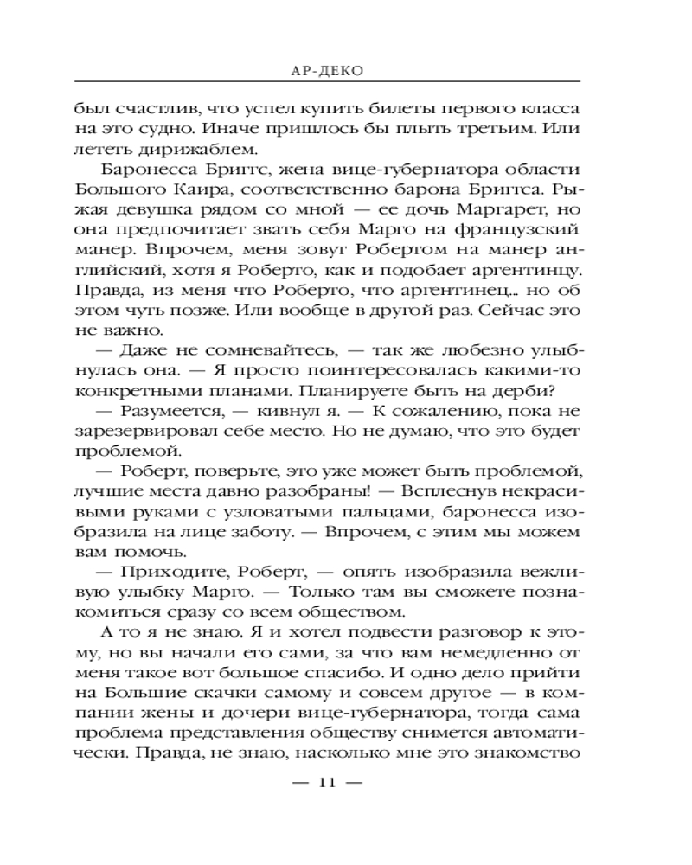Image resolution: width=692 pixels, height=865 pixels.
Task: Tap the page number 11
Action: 326,783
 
